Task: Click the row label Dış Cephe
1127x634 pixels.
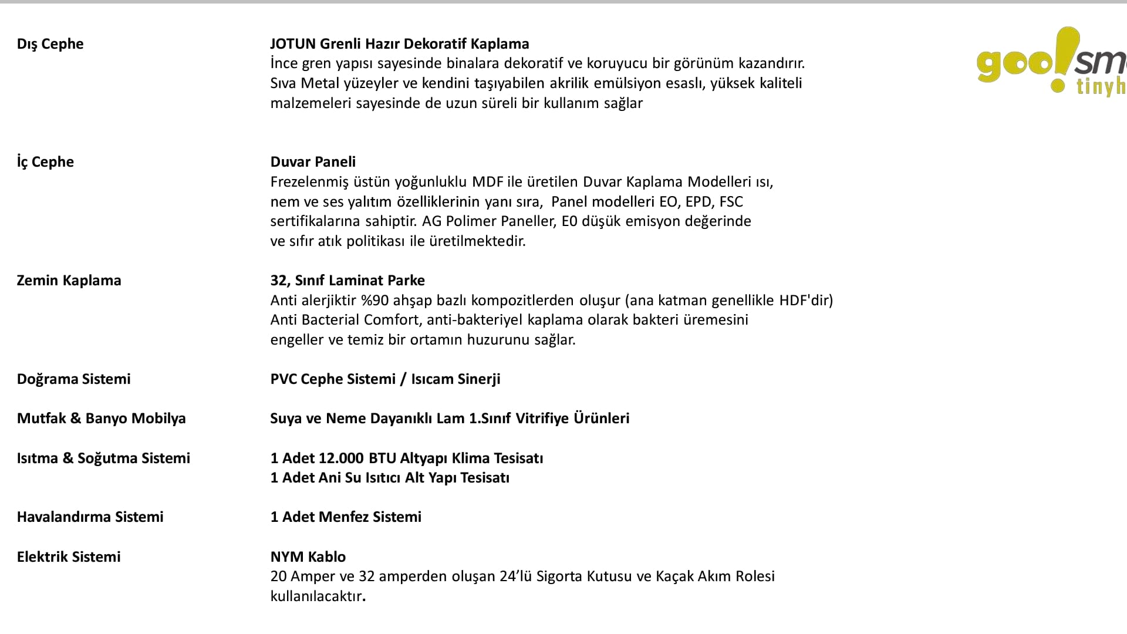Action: pos(50,44)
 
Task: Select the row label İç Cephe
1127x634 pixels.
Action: pos(45,162)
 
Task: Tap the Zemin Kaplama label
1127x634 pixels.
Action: pos(69,281)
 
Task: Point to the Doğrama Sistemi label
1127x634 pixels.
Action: pos(73,379)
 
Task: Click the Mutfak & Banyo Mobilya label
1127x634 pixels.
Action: pos(101,419)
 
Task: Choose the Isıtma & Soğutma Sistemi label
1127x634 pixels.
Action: pos(103,458)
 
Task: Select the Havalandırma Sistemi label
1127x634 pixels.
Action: pos(90,517)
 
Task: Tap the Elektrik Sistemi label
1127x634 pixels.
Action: pos(69,557)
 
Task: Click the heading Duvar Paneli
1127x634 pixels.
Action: pos(313,162)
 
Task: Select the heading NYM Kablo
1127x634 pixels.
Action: pos(308,557)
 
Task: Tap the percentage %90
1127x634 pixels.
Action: pos(375,301)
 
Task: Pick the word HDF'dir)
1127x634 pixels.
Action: pos(806,301)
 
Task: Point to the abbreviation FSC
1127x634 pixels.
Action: pos(731,202)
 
